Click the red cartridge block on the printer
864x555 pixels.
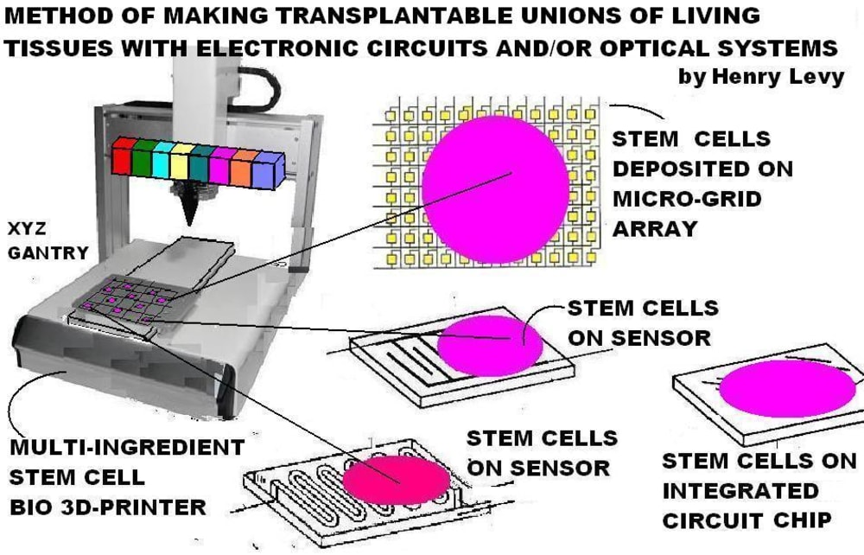(x=124, y=156)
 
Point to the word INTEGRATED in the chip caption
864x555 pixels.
(x=740, y=491)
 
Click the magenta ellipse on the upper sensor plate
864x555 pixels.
(x=490, y=345)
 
